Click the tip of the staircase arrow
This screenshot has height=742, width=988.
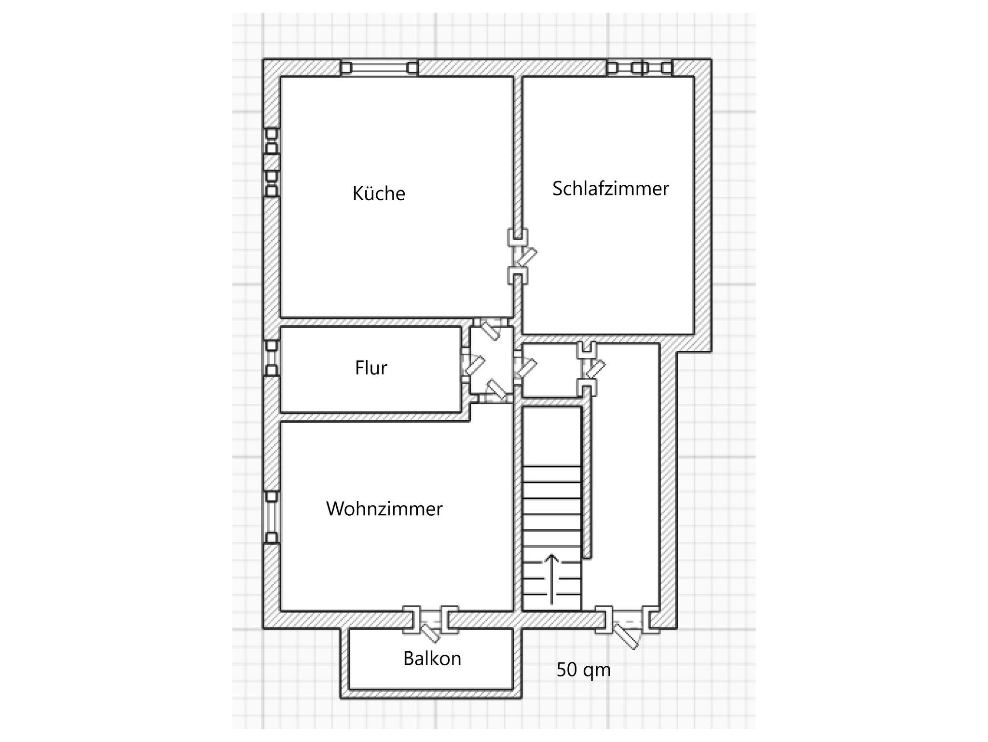(552, 555)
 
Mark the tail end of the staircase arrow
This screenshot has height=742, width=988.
(552, 605)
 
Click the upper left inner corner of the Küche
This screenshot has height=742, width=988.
(281, 77)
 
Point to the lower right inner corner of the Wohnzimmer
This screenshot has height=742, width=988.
(512, 611)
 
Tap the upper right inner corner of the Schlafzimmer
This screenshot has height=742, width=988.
(694, 77)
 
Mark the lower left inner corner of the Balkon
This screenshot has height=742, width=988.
(350, 688)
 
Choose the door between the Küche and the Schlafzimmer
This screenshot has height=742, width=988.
(519, 256)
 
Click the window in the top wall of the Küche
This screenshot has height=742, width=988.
(379, 68)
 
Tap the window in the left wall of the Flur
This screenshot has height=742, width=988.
(272, 358)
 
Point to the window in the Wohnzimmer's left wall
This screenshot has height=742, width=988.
(272, 517)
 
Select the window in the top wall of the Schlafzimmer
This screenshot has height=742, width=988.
(640, 68)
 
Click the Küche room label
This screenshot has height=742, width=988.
(379, 193)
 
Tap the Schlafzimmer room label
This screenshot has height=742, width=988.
(611, 188)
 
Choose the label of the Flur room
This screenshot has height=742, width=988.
(371, 368)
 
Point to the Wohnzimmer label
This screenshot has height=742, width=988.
(384, 509)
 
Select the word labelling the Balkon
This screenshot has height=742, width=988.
(432, 659)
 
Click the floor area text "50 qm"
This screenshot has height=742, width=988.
(584, 671)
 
